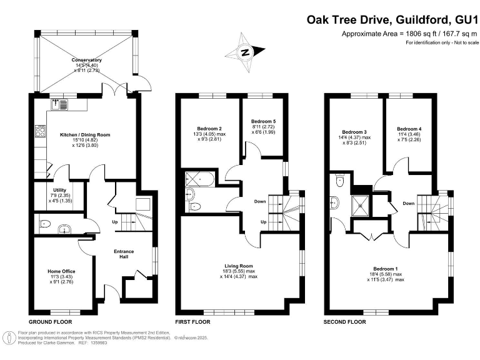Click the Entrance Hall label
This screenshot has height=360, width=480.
pos(124,252)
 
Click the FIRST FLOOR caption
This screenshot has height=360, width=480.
pos(192,322)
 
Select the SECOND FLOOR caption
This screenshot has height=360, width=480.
pos(344,322)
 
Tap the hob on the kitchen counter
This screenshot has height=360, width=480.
pos(40,132)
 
